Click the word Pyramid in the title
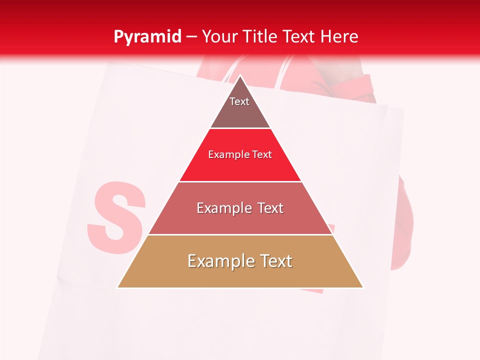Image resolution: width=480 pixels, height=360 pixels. tap(147, 37)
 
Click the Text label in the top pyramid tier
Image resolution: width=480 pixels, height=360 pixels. tap(239, 102)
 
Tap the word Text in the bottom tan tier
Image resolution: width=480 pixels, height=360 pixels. tap(275, 261)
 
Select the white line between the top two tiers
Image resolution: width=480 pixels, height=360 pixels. tap(240, 128)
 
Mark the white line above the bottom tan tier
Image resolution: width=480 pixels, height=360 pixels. tap(240, 234)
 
